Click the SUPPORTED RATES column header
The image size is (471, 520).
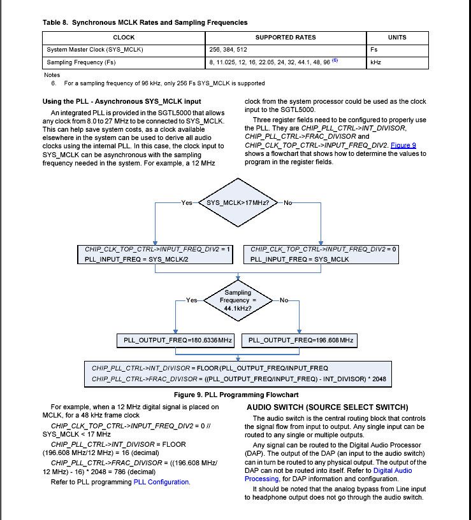tap(286, 38)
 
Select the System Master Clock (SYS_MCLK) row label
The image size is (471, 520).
tap(95, 50)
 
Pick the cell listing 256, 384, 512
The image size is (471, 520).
tap(228, 50)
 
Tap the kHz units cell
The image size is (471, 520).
tap(375, 62)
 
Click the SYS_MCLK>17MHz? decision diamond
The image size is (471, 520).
tap(238, 203)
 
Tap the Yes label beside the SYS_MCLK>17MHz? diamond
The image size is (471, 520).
tap(187, 203)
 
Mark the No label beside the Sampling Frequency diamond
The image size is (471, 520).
tap(284, 300)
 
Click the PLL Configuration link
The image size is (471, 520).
tap(161, 482)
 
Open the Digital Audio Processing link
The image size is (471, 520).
tap(392, 474)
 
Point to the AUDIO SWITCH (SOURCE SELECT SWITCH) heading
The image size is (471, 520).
tap(327, 407)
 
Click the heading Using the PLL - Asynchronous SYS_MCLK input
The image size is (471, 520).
tap(122, 101)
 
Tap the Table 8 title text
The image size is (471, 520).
tap(145, 23)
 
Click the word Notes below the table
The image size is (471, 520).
tap(52, 75)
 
